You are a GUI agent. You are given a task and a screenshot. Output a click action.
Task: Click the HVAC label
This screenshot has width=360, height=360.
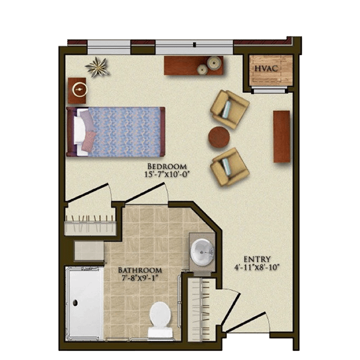click(x=266, y=68)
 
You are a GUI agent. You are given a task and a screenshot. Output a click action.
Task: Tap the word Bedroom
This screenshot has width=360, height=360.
click(x=167, y=166)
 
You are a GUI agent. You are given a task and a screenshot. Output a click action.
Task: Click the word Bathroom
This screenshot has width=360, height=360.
click(x=140, y=270)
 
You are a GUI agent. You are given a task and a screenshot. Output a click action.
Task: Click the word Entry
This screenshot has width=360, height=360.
click(x=257, y=259)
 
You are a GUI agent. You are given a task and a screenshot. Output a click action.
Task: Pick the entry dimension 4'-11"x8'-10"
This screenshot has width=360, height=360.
click(x=257, y=267)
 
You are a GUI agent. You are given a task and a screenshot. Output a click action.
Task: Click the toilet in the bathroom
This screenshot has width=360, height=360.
click(x=160, y=320)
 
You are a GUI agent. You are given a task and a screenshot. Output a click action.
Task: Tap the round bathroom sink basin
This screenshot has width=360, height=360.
click(x=202, y=252)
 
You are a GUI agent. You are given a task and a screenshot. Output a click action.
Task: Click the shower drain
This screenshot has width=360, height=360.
click(x=75, y=303)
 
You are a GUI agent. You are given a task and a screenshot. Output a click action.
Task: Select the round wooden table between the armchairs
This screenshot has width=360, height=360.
click(x=219, y=137)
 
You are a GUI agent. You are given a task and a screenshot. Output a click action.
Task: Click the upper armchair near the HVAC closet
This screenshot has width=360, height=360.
click(x=230, y=109)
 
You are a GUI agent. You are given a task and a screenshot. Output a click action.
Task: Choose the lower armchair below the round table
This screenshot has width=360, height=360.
click(x=230, y=167)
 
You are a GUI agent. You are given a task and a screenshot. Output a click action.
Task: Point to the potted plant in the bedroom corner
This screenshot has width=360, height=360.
click(x=98, y=67)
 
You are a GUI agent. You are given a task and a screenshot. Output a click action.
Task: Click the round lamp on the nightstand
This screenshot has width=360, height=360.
click(x=80, y=89)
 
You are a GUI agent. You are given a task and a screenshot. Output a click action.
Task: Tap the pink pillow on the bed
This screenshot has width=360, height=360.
click(x=89, y=142)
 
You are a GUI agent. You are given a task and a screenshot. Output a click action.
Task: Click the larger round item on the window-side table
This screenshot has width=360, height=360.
click(x=214, y=62)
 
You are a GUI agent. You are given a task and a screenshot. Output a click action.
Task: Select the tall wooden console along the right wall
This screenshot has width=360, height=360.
click(x=282, y=136)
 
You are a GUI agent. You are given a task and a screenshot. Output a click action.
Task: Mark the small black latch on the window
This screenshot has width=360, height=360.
click(x=194, y=44)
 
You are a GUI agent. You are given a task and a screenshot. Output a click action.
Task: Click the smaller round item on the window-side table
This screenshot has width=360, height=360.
click(x=202, y=70)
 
